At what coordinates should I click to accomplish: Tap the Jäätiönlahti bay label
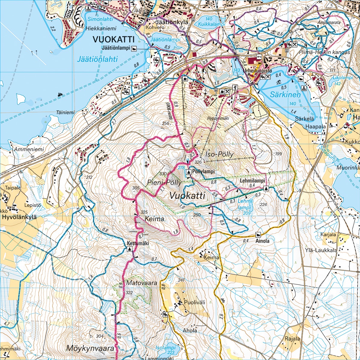coord(97,59)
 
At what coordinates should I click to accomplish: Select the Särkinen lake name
coord(285,95)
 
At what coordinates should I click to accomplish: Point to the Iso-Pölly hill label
coord(220,154)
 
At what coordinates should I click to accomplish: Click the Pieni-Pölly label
coord(164,182)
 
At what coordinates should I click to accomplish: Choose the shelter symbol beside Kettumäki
coord(129,249)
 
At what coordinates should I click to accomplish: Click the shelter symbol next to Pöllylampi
coord(189,172)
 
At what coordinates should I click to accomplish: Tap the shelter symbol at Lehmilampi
coord(266,188)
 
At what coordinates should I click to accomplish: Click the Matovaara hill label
coord(137,283)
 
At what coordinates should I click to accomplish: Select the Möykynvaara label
coord(90,348)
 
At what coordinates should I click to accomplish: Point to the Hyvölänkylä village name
coord(19,217)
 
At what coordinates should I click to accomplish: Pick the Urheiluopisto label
coord(257,71)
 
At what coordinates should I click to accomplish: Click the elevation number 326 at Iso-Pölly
coord(198,162)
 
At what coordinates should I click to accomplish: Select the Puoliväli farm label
coord(194,302)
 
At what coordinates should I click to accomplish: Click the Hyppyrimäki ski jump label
coord(218,118)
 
